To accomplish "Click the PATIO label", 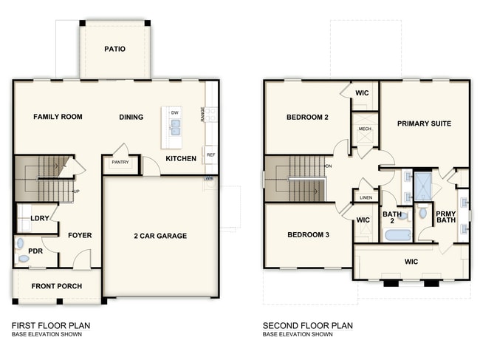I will [x=114, y=50].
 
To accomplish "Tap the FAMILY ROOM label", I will [x=58, y=117].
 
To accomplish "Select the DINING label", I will [x=131, y=117].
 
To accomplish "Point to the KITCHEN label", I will [x=181, y=159].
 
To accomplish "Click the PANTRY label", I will [x=120, y=162].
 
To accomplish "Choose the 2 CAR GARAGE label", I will [x=160, y=236].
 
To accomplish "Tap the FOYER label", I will [x=80, y=236].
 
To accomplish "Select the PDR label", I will [x=35, y=251].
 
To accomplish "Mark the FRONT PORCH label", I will [x=56, y=286].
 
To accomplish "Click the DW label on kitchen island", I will [x=175, y=112].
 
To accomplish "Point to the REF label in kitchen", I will [x=210, y=155].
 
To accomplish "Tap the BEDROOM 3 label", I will [x=309, y=235].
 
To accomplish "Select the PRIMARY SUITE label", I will [x=424, y=123].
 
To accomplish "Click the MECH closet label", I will [x=365, y=129].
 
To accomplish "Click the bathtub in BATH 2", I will [x=398, y=236].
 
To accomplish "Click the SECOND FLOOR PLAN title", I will [x=308, y=325].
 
